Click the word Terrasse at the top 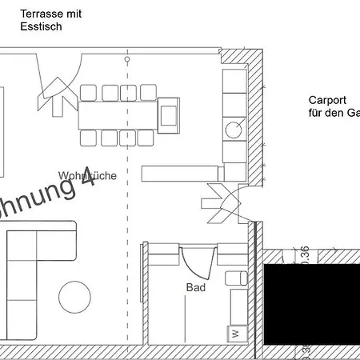[x=38, y=14]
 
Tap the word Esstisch [x=41, y=26]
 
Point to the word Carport [x=326, y=101]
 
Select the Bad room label [x=195, y=287]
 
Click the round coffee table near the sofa [x=74, y=297]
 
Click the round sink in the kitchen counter [x=234, y=128]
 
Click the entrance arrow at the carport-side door [x=219, y=202]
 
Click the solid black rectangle [x=312, y=304]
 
